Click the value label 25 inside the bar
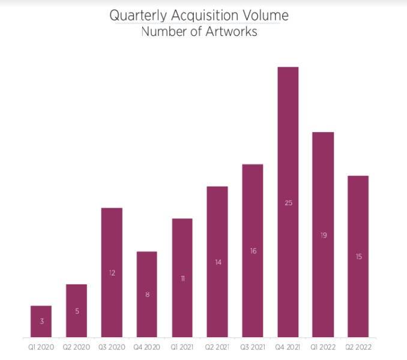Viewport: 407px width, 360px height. coord(288,203)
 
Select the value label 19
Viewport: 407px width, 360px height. coord(324,235)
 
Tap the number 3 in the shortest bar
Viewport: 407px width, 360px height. coord(41,322)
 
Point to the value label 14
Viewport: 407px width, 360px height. coord(218,262)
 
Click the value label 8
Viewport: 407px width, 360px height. coord(147,295)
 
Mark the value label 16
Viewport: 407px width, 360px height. coord(253,251)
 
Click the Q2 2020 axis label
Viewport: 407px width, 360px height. coord(76,347)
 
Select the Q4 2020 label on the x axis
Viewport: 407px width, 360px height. coord(147,347)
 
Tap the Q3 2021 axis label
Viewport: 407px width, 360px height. coord(253,347)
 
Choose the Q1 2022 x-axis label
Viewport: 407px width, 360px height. coord(324,347)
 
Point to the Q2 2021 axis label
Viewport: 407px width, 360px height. coord(218,347)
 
